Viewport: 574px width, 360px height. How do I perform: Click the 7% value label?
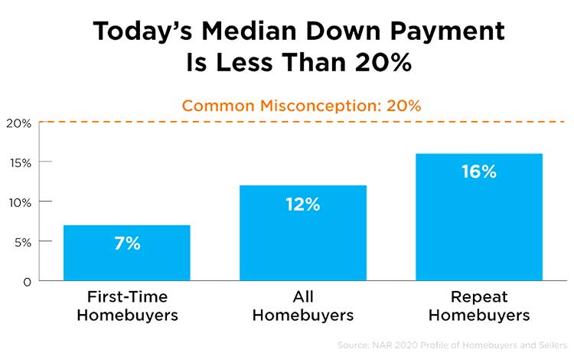[x=126, y=244]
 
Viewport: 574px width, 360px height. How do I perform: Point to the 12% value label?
[x=303, y=205]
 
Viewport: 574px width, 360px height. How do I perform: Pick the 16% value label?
[x=479, y=172]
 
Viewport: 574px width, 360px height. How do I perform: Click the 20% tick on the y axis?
[x=19, y=123]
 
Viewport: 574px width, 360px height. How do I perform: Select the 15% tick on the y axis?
[x=19, y=162]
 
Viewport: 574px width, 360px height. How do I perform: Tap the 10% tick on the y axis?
[x=19, y=202]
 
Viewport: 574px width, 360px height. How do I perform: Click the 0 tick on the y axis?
[x=27, y=281]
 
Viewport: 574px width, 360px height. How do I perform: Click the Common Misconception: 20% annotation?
[x=302, y=106]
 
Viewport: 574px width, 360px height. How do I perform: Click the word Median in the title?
[x=254, y=31]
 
